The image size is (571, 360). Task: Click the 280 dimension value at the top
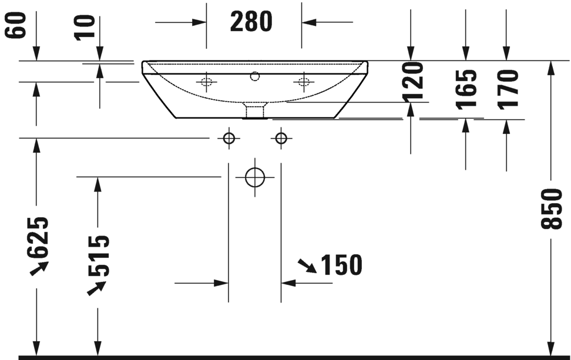(x=251, y=22)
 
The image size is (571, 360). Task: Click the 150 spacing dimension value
(x=341, y=265)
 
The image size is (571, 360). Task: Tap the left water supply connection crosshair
(x=229, y=138)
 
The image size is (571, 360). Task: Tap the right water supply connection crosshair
(x=281, y=138)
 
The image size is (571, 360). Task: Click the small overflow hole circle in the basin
(x=255, y=76)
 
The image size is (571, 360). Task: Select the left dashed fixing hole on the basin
(x=206, y=82)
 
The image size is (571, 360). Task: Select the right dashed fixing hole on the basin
(x=304, y=82)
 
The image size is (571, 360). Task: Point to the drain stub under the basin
(x=255, y=110)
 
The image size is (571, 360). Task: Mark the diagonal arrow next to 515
(x=97, y=288)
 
